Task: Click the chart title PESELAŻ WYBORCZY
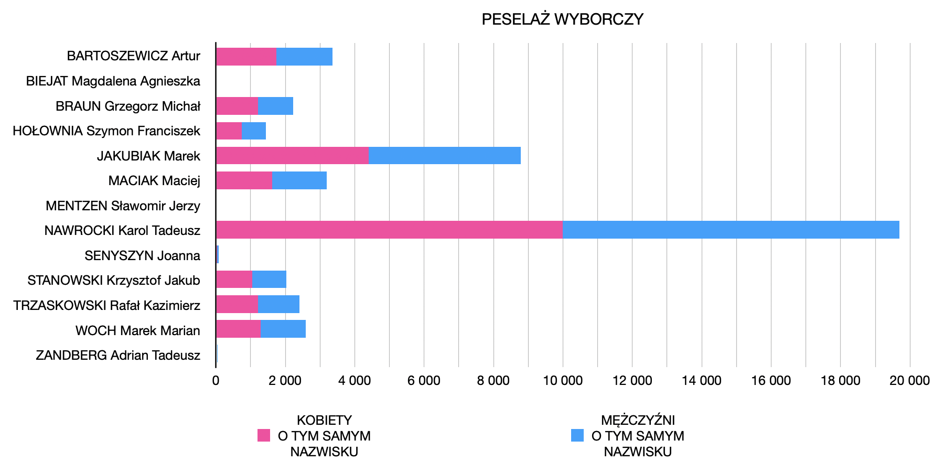562,19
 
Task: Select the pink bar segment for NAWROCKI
389,230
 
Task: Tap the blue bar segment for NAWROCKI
731,230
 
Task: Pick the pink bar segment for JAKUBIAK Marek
292,156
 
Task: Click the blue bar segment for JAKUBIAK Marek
445,156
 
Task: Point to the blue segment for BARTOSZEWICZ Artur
304,57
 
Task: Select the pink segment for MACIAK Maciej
244,180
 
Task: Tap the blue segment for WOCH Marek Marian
283,329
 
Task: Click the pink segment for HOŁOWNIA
229,131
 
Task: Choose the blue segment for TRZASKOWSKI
278,305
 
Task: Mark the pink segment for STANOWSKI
234,280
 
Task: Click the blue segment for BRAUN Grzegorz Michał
275,106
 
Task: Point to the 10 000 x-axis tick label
562,381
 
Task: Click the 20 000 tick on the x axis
909,381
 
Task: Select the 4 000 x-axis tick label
355,381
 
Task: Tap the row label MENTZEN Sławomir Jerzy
123,206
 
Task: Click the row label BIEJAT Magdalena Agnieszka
113,81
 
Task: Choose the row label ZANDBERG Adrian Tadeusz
118,356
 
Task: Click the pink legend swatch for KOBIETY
264,435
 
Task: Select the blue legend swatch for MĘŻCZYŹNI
577,435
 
